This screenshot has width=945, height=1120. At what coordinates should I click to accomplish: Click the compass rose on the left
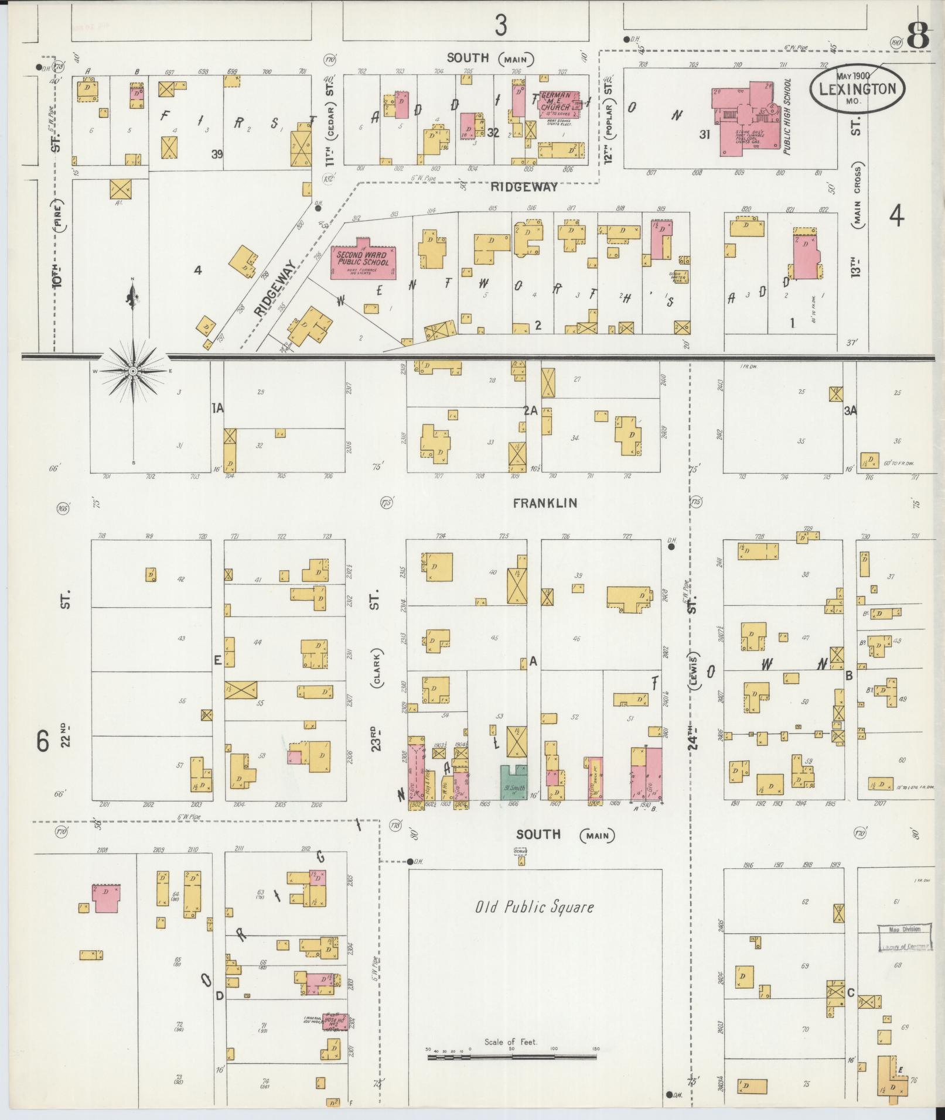click(x=133, y=371)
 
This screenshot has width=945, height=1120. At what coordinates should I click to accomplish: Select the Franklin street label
click(x=545, y=503)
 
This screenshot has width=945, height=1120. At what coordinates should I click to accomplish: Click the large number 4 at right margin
click(x=896, y=217)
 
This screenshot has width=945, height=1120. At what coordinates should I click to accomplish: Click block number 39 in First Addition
click(x=218, y=155)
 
